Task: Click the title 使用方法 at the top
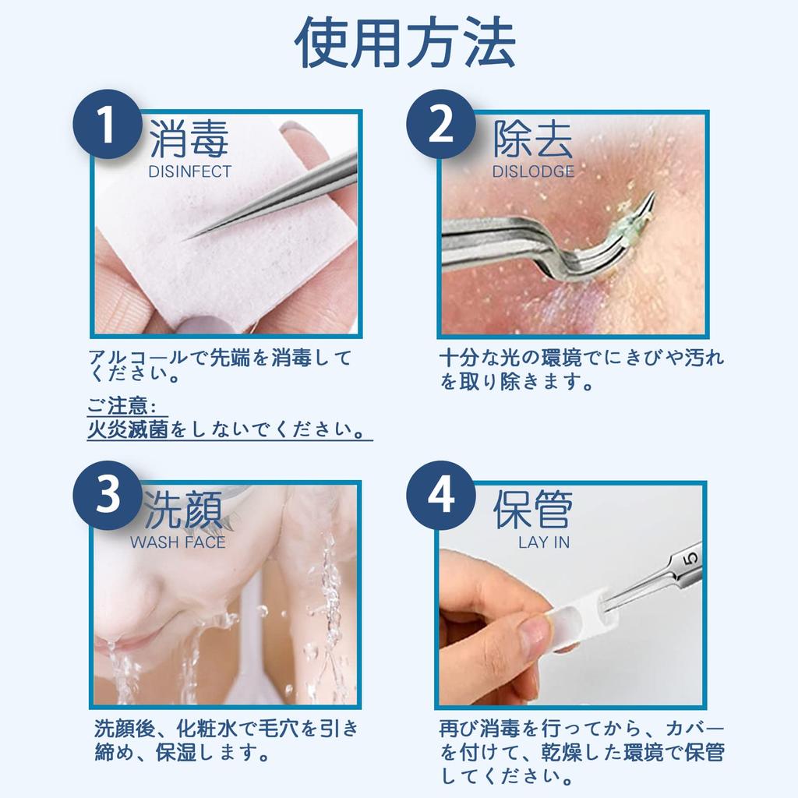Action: (404, 43)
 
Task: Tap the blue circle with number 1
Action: (108, 125)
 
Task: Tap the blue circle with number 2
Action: (441, 125)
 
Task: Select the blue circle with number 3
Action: (108, 496)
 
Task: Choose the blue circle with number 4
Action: (441, 496)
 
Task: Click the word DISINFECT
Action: (190, 172)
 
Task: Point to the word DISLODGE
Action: (533, 172)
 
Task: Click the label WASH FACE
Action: (178, 542)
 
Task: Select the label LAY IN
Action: (544, 542)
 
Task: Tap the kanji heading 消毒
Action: (189, 141)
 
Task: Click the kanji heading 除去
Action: (533, 141)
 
